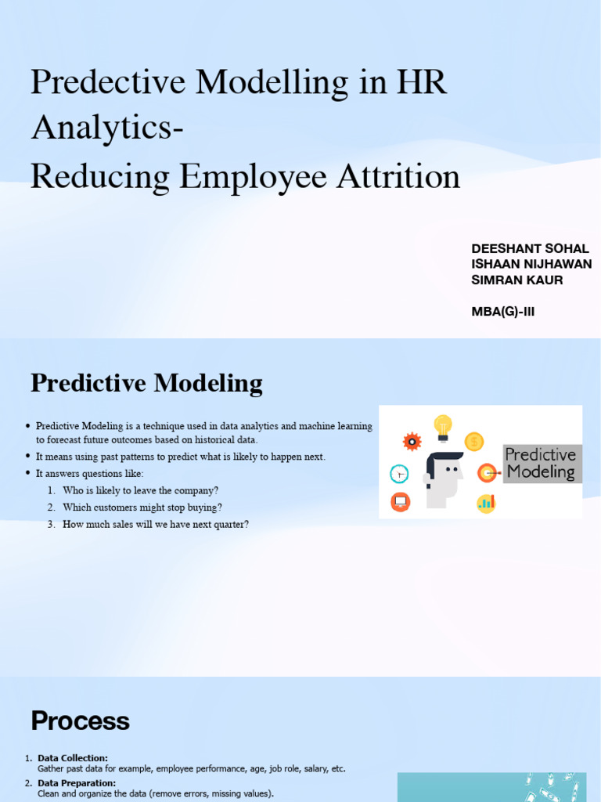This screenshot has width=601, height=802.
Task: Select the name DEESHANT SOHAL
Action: pos(530,249)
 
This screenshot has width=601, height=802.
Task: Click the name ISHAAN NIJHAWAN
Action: pos(531,265)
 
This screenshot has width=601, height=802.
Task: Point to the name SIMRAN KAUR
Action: pos(517,280)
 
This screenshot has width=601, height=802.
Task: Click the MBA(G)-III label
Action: pos(503,312)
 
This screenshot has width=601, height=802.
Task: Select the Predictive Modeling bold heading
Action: pos(146,384)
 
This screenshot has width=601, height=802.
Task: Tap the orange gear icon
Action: pos(412,442)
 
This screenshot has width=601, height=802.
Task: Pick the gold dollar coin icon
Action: pos(474,442)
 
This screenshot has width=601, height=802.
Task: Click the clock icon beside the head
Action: pos(399,474)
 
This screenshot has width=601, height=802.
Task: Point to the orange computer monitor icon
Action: pos(400,501)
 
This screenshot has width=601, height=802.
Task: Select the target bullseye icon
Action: pos(487,473)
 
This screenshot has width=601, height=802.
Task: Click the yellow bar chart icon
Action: pos(486,503)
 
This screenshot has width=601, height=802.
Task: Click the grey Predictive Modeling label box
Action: pos(542,464)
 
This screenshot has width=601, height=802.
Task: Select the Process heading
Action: pos(80,721)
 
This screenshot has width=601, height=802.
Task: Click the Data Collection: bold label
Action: pos(73,758)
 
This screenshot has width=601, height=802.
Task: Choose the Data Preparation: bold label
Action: pos(77,783)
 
